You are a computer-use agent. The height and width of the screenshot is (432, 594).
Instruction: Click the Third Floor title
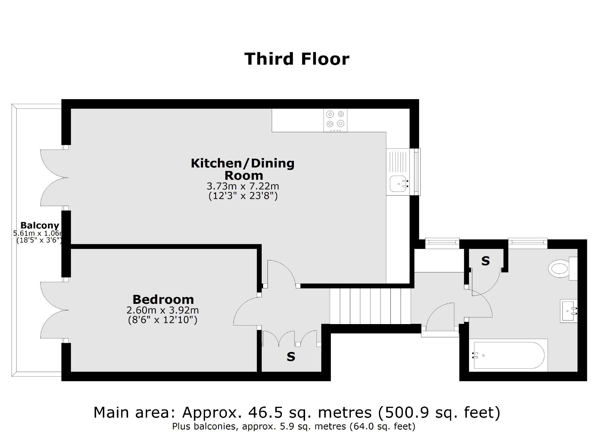tap(297, 59)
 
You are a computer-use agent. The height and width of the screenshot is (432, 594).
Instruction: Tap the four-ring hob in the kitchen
tap(335, 120)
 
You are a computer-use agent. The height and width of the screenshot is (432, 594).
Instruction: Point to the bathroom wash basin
tap(568, 311)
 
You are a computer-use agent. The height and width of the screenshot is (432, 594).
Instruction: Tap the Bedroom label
tap(163, 299)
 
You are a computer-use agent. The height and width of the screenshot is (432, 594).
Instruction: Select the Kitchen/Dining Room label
tap(243, 169)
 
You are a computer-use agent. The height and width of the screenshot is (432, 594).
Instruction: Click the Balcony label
tap(40, 225)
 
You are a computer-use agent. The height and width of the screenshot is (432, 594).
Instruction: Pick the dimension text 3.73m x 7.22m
tap(243, 186)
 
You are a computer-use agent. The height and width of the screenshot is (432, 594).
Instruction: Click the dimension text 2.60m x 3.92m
tap(163, 310)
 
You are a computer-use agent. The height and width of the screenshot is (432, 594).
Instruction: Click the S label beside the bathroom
tap(485, 261)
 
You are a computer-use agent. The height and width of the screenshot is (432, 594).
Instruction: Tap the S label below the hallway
tap(291, 357)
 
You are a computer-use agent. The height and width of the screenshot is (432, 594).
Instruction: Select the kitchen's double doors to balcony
tap(54, 177)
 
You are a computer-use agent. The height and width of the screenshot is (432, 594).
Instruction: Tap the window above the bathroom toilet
tap(528, 242)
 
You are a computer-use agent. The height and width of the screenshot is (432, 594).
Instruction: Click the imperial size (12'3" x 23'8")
tap(243, 196)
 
